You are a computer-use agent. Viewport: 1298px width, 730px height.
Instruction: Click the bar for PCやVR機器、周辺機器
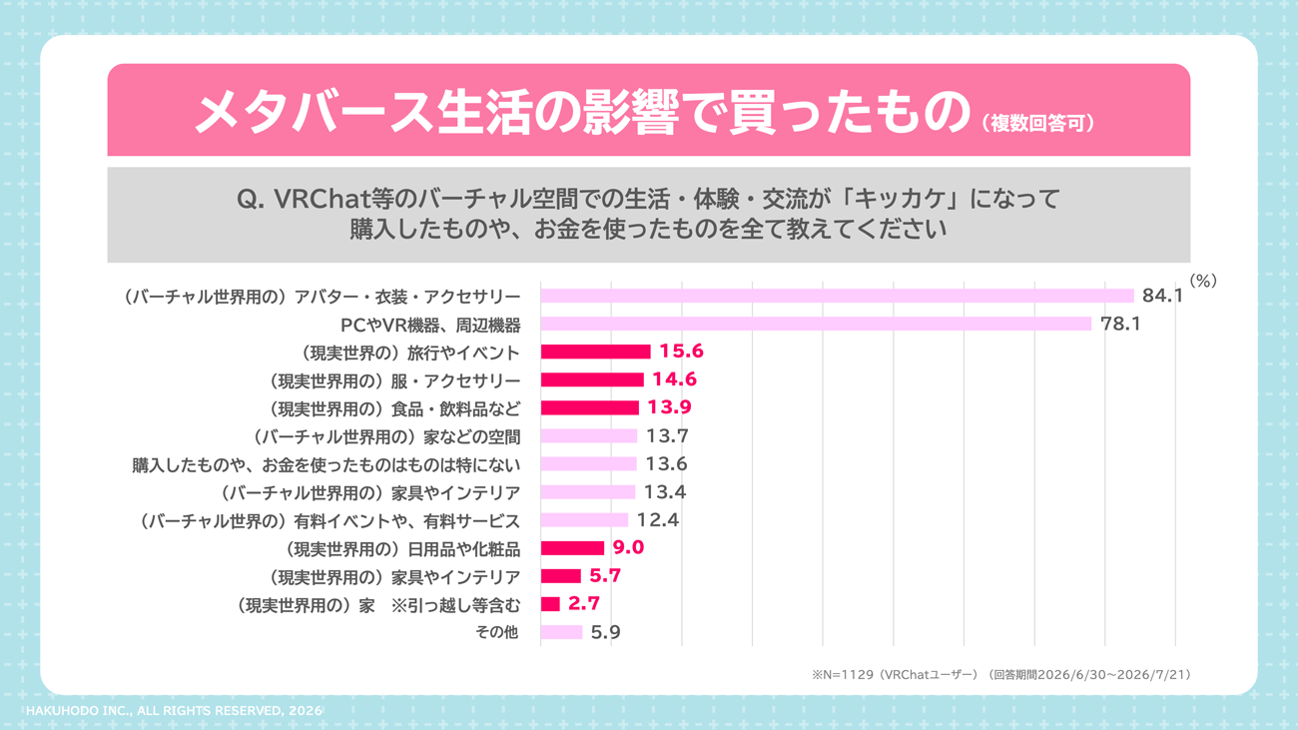(816, 324)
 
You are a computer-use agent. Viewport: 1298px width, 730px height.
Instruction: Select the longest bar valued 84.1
(838, 296)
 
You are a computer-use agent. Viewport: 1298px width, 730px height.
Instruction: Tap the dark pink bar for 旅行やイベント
(596, 352)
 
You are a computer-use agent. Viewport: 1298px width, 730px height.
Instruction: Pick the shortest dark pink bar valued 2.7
(550, 604)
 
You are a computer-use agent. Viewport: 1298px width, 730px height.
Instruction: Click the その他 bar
(561, 632)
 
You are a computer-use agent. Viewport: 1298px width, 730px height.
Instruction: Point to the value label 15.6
(681, 352)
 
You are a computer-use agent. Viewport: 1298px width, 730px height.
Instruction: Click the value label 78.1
(1120, 324)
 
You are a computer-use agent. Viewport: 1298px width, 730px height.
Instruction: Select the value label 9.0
(629, 547)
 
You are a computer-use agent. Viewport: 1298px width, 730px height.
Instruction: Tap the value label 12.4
(658, 519)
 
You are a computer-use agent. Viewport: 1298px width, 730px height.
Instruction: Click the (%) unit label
(1203, 281)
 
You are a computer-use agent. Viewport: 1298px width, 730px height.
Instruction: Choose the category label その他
(496, 632)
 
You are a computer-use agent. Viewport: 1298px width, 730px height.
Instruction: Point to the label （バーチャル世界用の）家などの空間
(387, 436)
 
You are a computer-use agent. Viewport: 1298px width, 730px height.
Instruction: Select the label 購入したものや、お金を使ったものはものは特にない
(326, 465)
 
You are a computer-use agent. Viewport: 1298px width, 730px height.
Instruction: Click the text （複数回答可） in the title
(1037, 124)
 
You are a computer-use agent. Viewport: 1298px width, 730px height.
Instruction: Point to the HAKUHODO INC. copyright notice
(174, 711)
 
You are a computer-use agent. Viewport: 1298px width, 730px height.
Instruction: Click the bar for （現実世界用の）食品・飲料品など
(590, 407)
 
